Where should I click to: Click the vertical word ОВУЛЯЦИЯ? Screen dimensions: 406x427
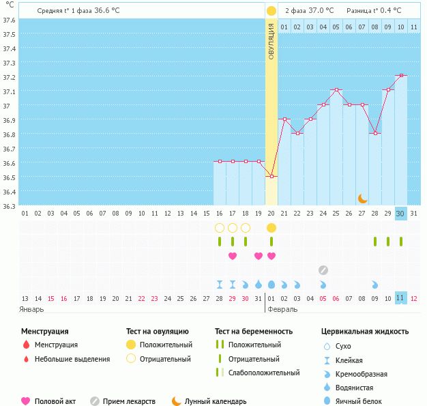pyautogui.click(x=271, y=41)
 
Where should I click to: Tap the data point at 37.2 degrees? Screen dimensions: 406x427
pyautogui.click(x=402, y=75)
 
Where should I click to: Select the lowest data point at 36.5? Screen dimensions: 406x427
pyautogui.click(x=271, y=176)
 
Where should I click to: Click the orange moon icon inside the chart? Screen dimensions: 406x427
pyautogui.click(x=363, y=198)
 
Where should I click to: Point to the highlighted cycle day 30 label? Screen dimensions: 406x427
pyautogui.click(x=401, y=213)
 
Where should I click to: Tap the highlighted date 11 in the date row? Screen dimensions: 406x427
pyautogui.click(x=401, y=298)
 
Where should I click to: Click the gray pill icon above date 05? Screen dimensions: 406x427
pyautogui.click(x=323, y=270)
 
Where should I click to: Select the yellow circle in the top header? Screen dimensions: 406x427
pyautogui.click(x=271, y=11)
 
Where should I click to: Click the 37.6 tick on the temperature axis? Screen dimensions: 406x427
pyautogui.click(x=10, y=19)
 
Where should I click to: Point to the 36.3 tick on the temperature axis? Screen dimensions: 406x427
pyautogui.click(x=10, y=205)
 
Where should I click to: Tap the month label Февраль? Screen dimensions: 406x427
pyautogui.click(x=282, y=309)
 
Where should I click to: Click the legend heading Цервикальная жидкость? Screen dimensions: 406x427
pyautogui.click(x=365, y=331)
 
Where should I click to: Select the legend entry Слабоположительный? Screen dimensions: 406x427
pyautogui.click(x=264, y=373)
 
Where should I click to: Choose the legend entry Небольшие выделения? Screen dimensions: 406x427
pyautogui.click(x=72, y=359)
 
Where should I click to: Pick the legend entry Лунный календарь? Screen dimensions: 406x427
pyautogui.click(x=216, y=401)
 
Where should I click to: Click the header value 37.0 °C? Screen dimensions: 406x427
pyautogui.click(x=321, y=11)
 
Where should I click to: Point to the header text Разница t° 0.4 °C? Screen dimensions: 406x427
pyautogui.click(x=374, y=11)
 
